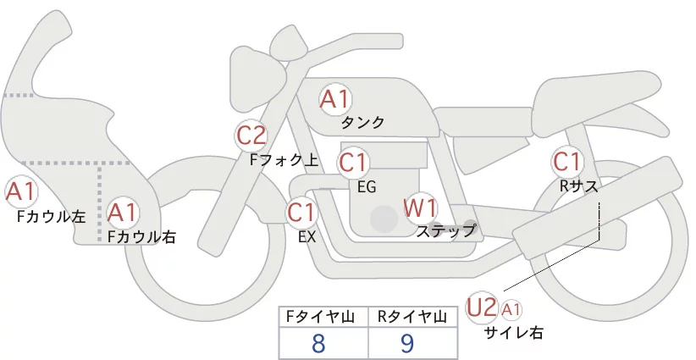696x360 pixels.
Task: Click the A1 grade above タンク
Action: (x=334, y=99)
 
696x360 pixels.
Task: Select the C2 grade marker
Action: (x=251, y=134)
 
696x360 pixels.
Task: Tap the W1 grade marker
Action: (x=420, y=208)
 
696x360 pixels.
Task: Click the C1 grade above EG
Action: (x=354, y=161)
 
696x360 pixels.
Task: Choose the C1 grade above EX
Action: (x=302, y=212)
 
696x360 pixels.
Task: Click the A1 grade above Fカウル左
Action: (x=20, y=191)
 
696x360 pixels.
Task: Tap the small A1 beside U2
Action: (x=512, y=309)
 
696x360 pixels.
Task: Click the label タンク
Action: (x=362, y=123)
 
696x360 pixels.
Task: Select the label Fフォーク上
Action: (x=284, y=158)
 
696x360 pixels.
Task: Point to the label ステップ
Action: (x=445, y=230)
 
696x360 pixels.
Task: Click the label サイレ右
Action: (x=513, y=333)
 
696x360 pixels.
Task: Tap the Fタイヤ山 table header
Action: (x=323, y=317)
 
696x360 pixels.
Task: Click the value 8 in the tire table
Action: (x=319, y=344)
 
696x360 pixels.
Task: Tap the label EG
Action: (x=367, y=186)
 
